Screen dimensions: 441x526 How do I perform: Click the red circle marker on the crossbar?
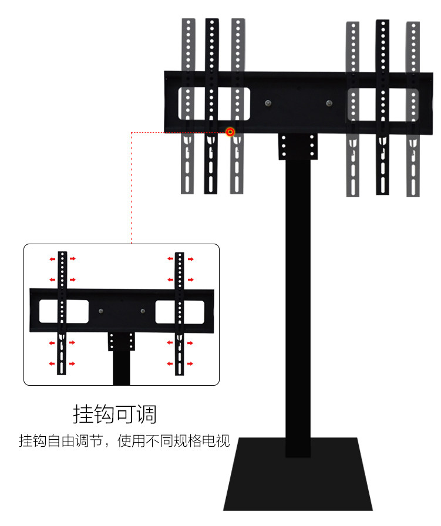(230, 132)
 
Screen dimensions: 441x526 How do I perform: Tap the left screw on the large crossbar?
(268, 104)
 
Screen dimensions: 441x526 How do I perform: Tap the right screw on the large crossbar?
(329, 104)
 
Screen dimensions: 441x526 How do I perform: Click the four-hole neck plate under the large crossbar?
(298, 146)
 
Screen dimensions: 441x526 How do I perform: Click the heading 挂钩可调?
(115, 414)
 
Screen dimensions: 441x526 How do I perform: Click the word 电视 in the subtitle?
(218, 441)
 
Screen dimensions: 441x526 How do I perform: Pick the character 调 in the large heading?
(147, 414)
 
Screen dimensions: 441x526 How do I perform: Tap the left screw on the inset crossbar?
(102, 311)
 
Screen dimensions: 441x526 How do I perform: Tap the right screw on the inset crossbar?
(142, 311)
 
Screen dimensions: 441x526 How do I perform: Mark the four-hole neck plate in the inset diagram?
(122, 341)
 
